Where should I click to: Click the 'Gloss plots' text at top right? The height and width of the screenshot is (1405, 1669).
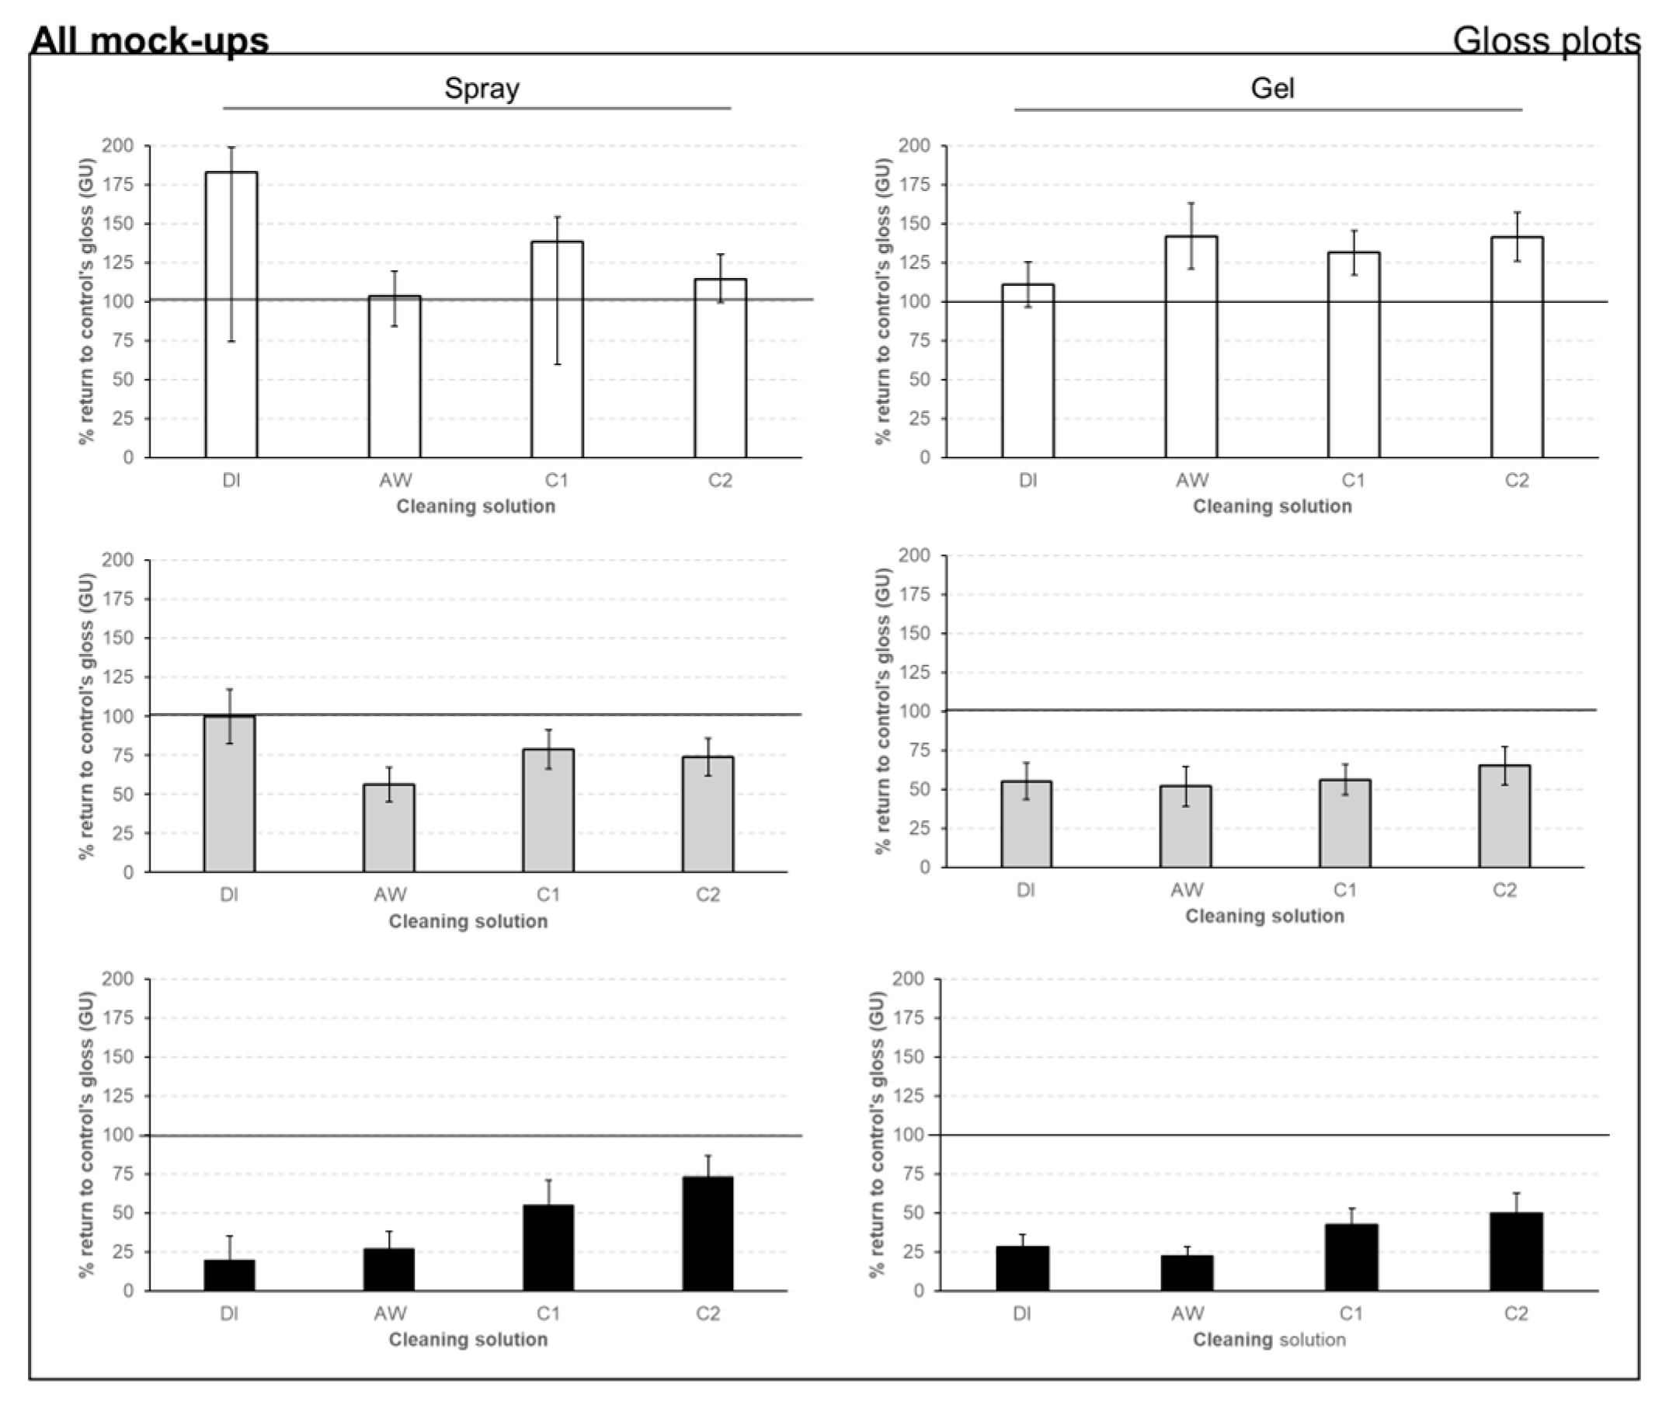tap(1546, 40)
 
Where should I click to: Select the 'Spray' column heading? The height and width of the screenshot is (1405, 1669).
tap(481, 88)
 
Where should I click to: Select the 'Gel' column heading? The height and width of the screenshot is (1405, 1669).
tap(1271, 88)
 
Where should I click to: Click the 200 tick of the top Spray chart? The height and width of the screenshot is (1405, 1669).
tap(117, 146)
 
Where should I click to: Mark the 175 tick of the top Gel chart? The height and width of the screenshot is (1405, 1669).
tap(913, 185)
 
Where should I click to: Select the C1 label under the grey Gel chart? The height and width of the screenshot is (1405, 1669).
tap(1344, 889)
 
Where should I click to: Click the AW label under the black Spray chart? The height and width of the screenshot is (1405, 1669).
tap(389, 1313)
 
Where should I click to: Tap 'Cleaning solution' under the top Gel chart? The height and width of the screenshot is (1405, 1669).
tap(1271, 506)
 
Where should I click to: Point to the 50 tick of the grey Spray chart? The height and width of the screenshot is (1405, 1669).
tap(123, 795)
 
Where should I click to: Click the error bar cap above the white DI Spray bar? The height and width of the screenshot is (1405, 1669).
tap(231, 148)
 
